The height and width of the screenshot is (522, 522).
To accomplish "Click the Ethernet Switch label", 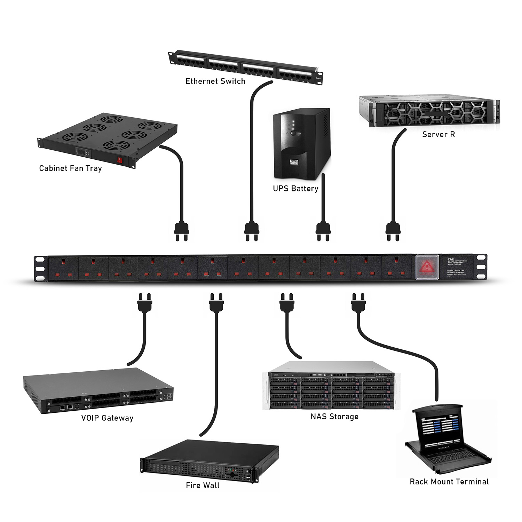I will point(215,81).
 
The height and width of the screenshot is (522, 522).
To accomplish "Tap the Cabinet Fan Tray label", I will point(70,168).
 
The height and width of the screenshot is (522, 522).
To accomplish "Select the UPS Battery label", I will point(295,189).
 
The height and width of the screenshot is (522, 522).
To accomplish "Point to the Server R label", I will point(438,134).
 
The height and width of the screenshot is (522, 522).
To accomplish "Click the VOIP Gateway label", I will point(107,418).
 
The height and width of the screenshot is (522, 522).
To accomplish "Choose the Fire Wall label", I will point(203,485).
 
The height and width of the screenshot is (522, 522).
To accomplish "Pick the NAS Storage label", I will point(334,417).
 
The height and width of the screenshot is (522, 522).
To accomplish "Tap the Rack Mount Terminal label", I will point(449,482).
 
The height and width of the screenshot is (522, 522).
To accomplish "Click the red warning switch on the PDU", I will point(427,267).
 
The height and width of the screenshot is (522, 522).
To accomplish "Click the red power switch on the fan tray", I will point(120,160).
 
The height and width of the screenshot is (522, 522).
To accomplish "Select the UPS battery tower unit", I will point(301,144).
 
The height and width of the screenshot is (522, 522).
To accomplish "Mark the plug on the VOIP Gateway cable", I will point(145,303).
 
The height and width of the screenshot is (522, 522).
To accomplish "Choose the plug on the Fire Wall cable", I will point(216,303).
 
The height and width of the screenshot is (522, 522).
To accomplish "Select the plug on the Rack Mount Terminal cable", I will point(358,303).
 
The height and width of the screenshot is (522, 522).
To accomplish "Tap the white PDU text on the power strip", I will point(457,267).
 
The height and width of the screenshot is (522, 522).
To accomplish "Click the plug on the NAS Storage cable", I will point(287,303).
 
